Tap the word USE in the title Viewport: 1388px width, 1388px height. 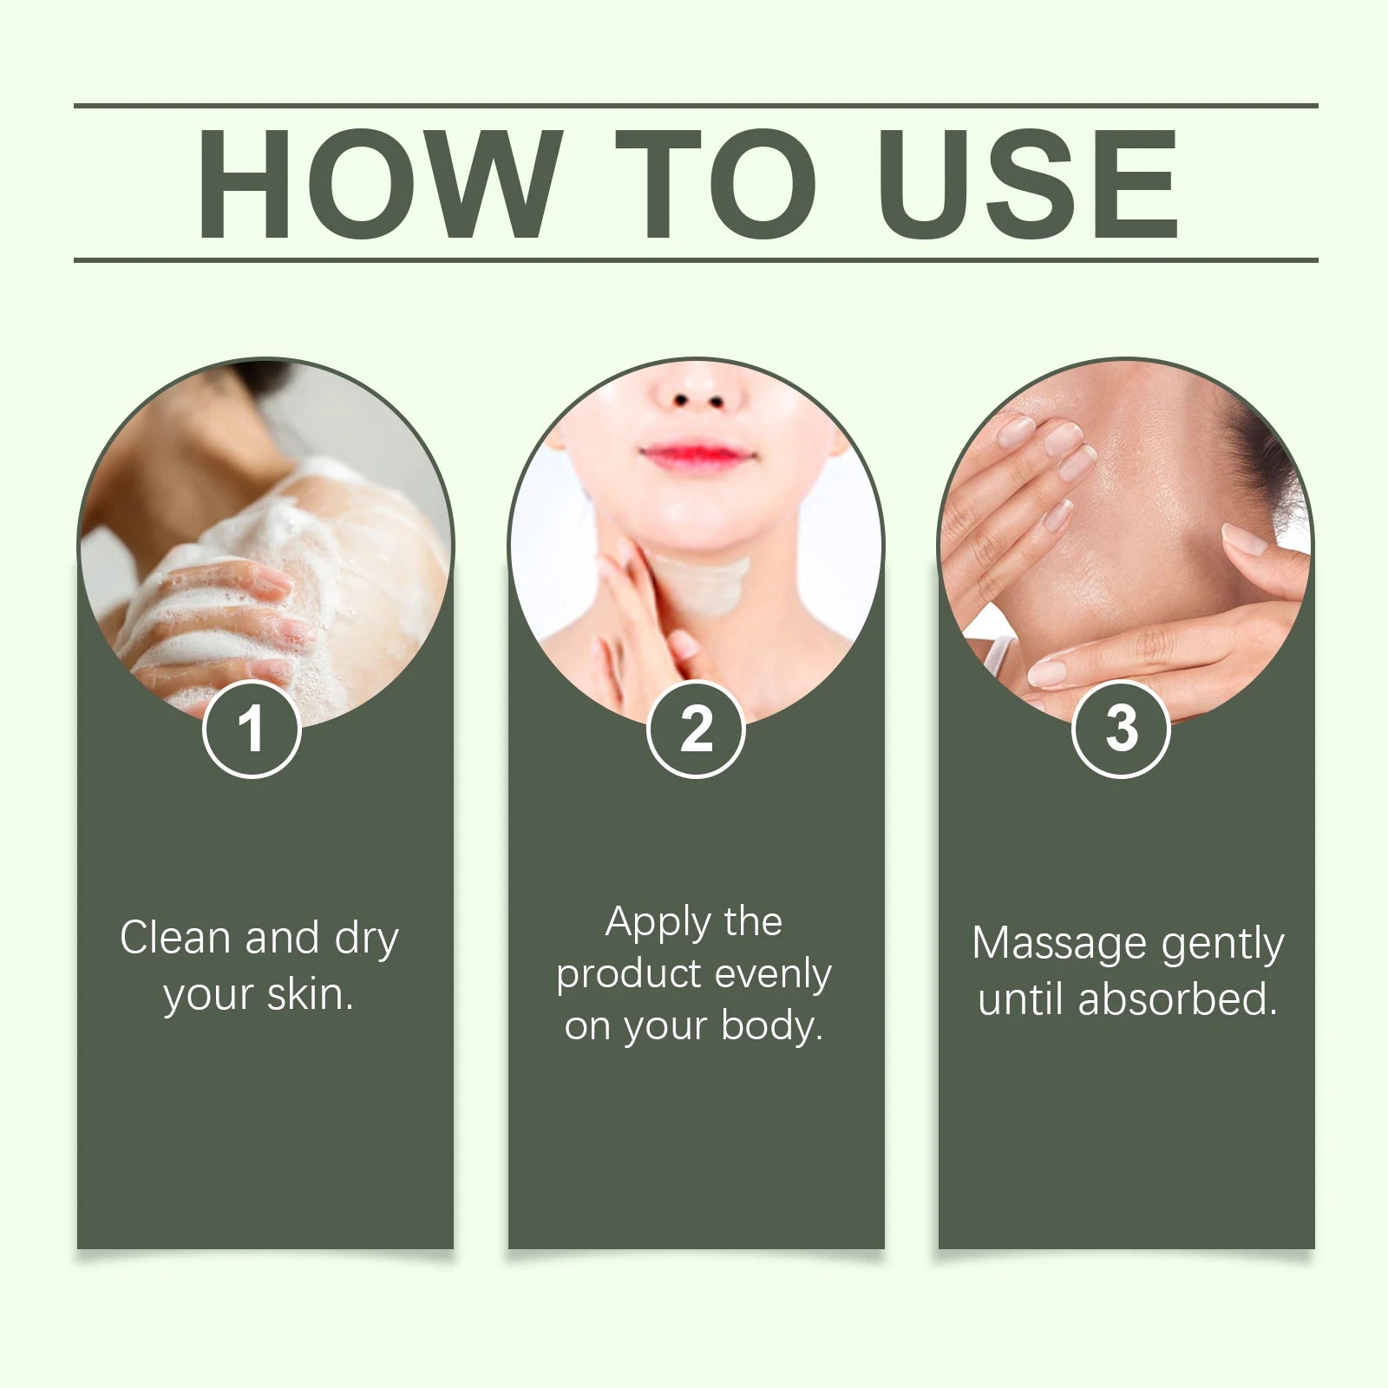click(x=1030, y=184)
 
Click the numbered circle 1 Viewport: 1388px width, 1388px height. click(x=252, y=730)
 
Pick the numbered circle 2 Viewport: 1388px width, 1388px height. click(x=696, y=730)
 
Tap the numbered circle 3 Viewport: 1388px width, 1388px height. click(x=1121, y=730)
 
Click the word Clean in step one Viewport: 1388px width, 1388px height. click(x=175, y=938)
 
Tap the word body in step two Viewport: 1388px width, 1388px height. click(x=771, y=1027)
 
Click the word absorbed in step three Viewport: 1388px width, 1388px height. click(x=1177, y=999)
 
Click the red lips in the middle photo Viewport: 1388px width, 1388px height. click(x=695, y=455)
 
